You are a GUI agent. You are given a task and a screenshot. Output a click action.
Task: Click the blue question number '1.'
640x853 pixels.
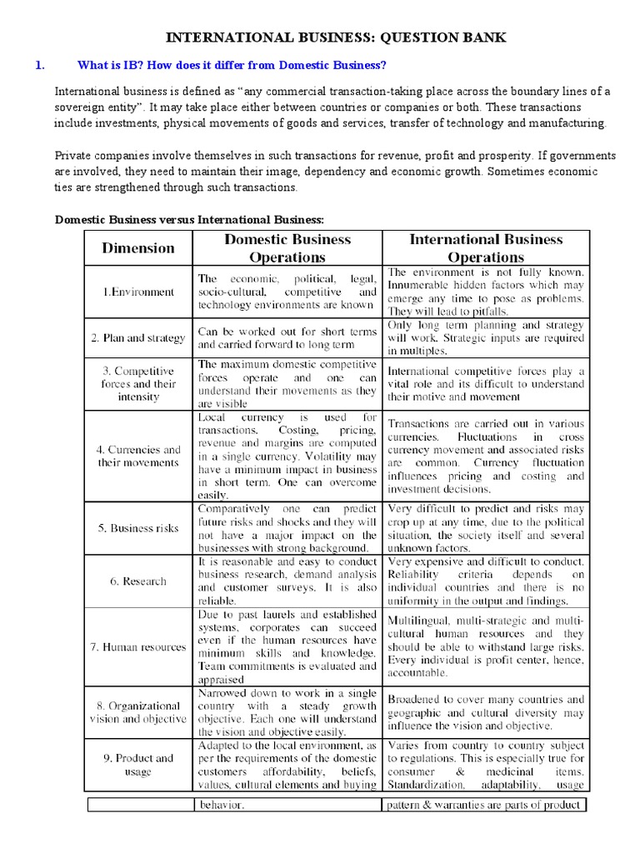(39, 65)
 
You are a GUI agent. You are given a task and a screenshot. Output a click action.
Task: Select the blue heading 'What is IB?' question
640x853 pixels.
(232, 65)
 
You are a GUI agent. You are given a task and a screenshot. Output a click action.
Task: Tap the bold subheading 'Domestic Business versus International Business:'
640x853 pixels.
(188, 219)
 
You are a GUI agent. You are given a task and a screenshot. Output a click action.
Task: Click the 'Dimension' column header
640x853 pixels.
(138, 247)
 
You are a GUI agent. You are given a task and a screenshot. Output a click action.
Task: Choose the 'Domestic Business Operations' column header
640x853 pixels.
(287, 248)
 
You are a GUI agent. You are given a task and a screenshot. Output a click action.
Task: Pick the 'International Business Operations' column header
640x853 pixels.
(485, 248)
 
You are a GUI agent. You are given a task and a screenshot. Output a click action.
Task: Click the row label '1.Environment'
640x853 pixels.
(138, 292)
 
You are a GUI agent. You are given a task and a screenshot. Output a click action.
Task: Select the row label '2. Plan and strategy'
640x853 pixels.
(138, 337)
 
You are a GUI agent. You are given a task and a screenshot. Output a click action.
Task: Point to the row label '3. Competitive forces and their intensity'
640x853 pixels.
(138, 383)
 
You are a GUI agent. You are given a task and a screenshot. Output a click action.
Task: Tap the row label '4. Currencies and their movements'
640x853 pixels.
(138, 456)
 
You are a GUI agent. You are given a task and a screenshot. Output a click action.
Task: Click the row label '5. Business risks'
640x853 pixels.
(138, 528)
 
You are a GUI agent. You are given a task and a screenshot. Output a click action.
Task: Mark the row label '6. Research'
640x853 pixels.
(138, 581)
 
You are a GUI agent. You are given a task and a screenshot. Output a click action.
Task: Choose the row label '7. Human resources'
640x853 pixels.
(138, 646)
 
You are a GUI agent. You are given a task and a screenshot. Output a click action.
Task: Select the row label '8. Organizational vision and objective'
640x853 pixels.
(138, 712)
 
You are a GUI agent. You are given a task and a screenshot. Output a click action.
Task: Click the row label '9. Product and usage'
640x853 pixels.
(138, 764)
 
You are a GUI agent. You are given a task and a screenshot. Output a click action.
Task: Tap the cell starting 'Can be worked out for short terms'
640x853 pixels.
(287, 337)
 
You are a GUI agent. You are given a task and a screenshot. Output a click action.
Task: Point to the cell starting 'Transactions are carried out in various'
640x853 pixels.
(485, 456)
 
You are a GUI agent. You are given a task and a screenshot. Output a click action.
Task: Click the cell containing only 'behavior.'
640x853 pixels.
(287, 805)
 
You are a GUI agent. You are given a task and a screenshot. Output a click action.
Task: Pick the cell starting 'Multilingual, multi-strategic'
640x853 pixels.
(485, 646)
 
